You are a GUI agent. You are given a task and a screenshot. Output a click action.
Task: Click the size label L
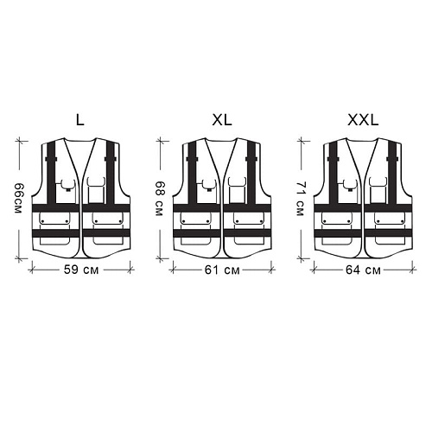pos(80,120)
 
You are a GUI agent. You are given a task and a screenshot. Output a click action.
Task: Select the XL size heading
pos(222,120)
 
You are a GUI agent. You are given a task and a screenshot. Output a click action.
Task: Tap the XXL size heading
pos(363,120)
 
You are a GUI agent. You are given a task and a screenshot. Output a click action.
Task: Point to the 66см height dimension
pos(18,198)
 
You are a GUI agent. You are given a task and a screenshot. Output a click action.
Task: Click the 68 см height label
pos(159,199)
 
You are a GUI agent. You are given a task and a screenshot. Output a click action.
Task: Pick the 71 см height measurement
pos(300,199)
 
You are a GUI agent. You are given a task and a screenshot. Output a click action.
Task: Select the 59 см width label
pos(81,270)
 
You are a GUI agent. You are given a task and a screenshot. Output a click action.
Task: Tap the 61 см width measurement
pos(222,270)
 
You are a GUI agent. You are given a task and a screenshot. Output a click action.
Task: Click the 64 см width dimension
pos(363,270)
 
